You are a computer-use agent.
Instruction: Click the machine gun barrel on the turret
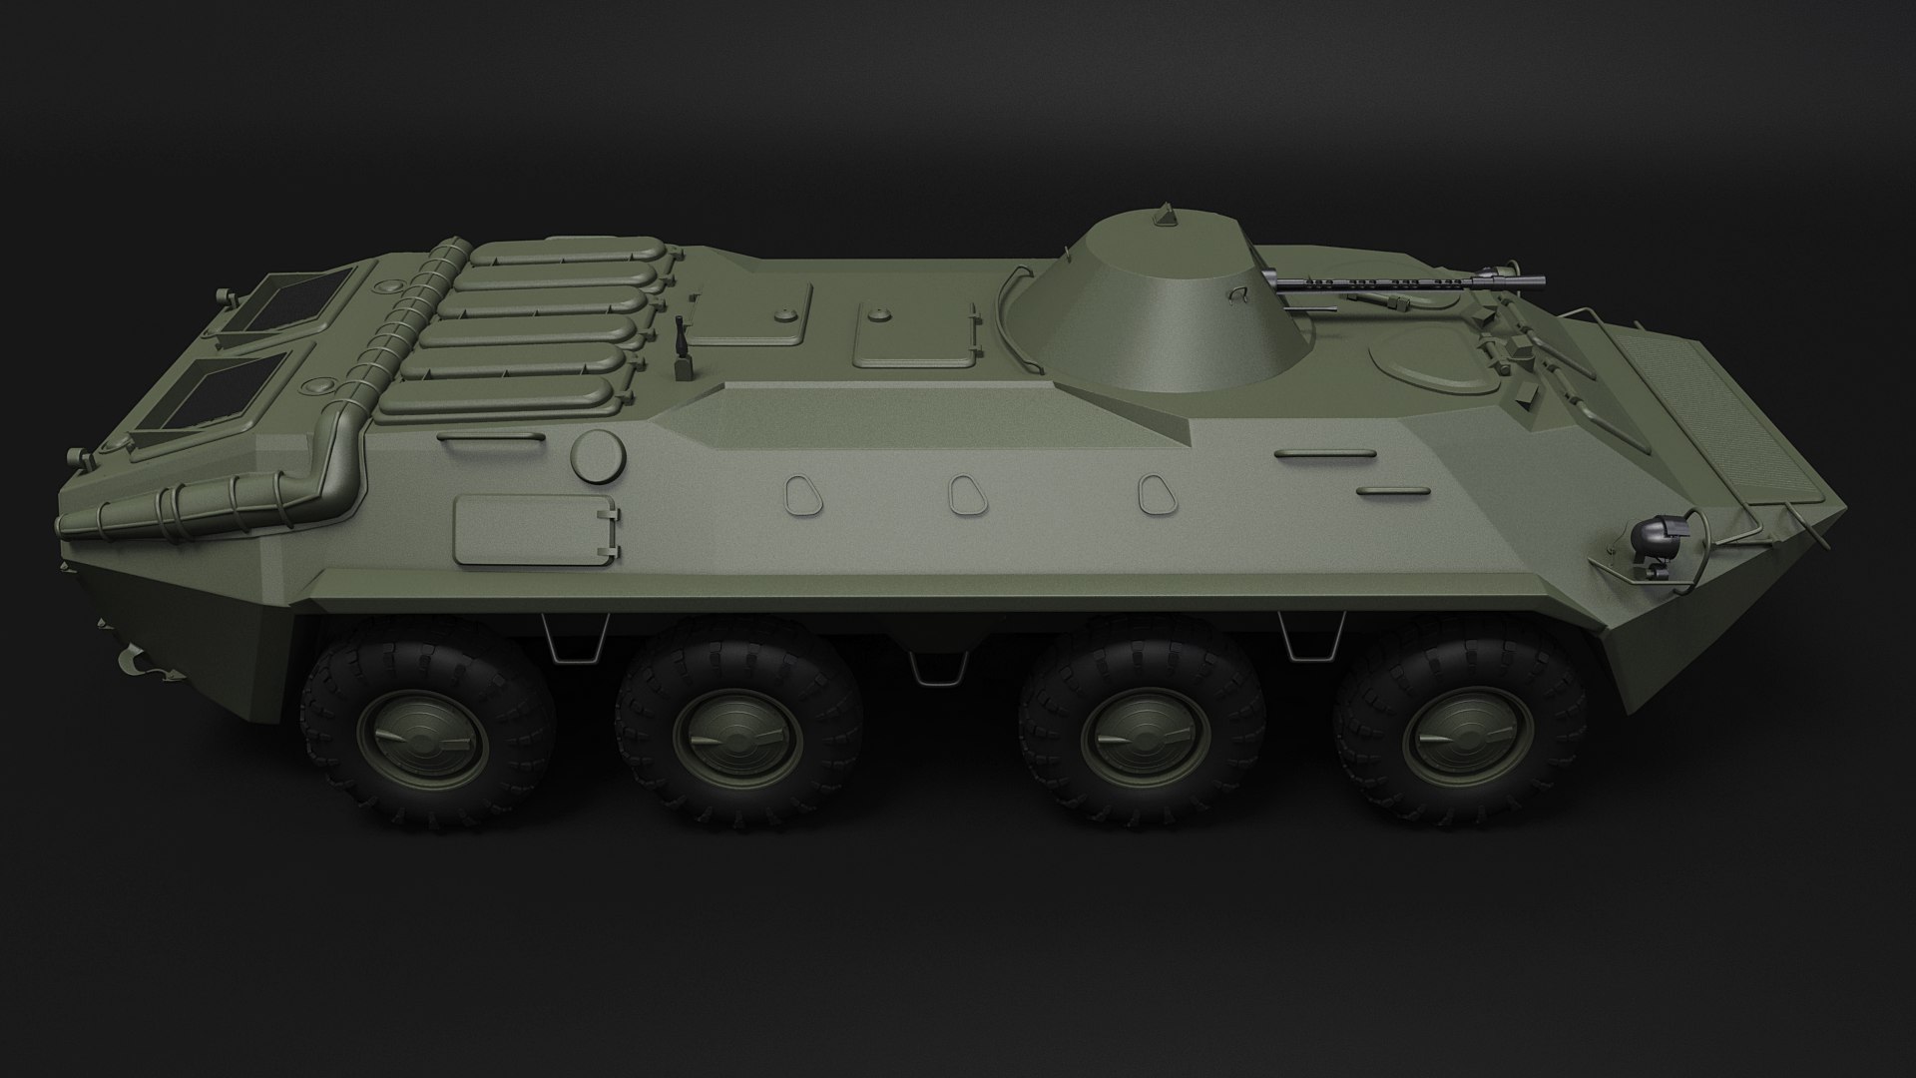tap(1377, 282)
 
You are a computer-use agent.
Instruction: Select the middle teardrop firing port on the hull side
tap(964, 495)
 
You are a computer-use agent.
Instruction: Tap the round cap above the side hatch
tap(597, 455)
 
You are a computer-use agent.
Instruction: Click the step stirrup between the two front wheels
tap(1307, 639)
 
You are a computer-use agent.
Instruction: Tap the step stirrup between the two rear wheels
tap(577, 639)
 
